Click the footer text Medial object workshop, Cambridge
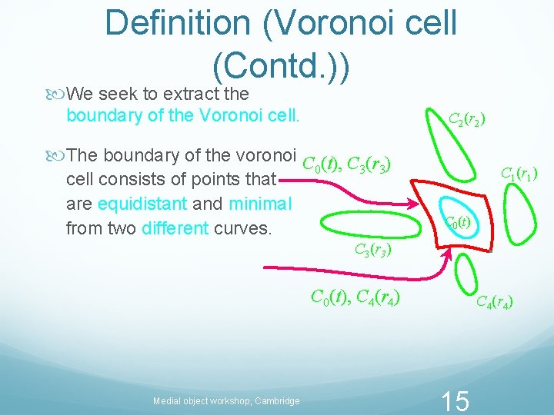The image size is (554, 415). pyautogui.click(x=226, y=400)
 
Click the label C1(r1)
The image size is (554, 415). pyautogui.click(x=519, y=174)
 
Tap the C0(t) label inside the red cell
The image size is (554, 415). pyautogui.click(x=458, y=223)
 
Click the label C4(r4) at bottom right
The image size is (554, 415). pyautogui.click(x=495, y=302)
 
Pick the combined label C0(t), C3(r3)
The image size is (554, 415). pyautogui.click(x=346, y=164)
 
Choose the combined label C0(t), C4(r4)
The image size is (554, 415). pyautogui.click(x=355, y=296)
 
